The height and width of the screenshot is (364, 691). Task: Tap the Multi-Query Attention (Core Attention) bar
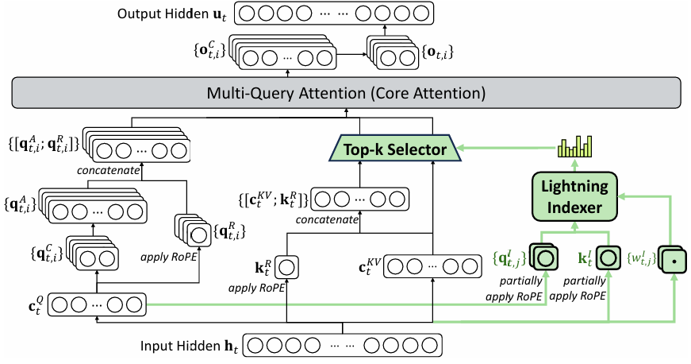345,93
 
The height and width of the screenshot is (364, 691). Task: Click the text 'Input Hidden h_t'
189,346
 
